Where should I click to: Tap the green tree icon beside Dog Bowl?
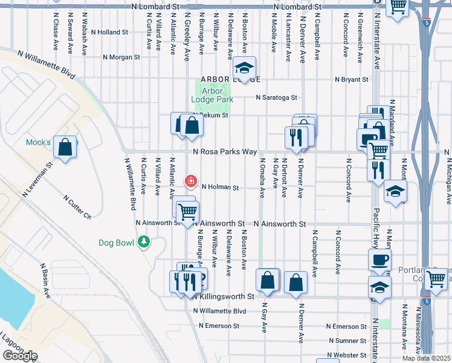pyautogui.click(x=144, y=243)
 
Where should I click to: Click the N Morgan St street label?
pyautogui.click(x=121, y=57)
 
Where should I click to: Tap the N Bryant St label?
pyautogui.click(x=352, y=79)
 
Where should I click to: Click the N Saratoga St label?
pyautogui.click(x=276, y=97)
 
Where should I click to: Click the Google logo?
pyautogui.click(x=19, y=356)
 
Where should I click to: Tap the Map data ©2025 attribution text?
pyautogui.click(x=427, y=358)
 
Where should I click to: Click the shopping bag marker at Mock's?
pyautogui.click(x=65, y=147)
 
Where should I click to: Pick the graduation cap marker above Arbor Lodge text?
pyautogui.click(x=245, y=68)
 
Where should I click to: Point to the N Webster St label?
pyautogui.click(x=347, y=355)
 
